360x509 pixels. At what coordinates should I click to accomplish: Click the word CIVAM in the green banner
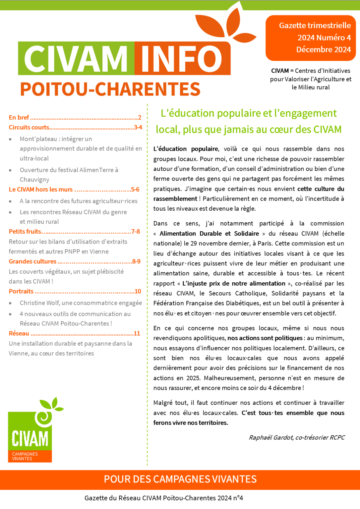[76, 58]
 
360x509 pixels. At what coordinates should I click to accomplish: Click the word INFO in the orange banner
[181, 59]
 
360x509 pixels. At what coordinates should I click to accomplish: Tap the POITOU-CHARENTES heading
[110, 89]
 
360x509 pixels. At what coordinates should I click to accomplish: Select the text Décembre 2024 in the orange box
[323, 50]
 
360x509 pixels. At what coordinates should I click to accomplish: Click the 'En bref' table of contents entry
[19, 117]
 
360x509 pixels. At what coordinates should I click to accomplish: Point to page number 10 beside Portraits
[138, 291]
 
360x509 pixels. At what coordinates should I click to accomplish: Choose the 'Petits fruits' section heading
[25, 231]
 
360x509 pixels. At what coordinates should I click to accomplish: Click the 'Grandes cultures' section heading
[32, 261]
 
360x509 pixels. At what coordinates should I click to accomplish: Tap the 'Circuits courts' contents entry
[29, 127]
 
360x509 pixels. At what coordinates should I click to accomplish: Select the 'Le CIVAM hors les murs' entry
[40, 189]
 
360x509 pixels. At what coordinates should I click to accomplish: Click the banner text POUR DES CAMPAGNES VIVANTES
[180, 479]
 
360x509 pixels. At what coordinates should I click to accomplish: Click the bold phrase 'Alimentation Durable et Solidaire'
[209, 233]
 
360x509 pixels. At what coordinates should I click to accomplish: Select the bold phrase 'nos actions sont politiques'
[265, 338]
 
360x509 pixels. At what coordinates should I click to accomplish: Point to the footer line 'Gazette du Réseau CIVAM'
[163, 498]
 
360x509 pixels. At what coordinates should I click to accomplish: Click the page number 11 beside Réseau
[137, 333]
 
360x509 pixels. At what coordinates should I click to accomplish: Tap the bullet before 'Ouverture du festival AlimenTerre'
[11, 170]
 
